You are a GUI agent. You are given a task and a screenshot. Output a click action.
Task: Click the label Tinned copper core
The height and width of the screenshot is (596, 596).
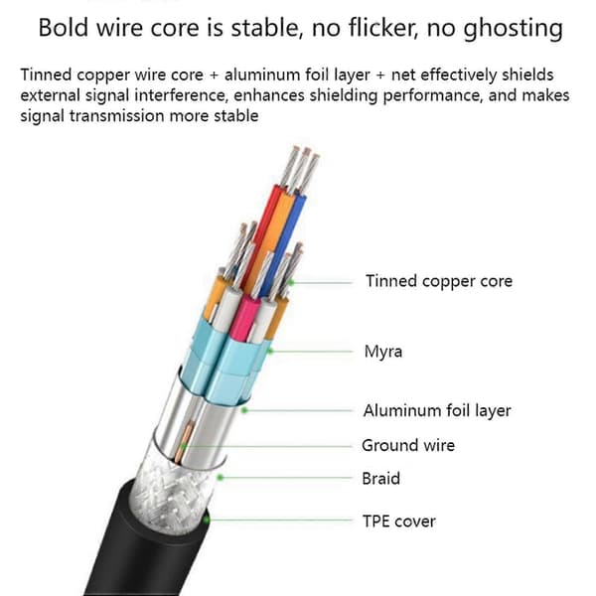coord(439,281)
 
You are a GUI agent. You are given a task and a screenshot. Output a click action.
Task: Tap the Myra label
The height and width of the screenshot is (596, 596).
coord(383,352)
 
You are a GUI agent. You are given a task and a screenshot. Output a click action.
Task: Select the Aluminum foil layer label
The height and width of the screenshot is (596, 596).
coord(437,411)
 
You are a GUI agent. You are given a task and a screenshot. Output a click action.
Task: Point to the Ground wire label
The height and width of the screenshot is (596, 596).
coord(408,445)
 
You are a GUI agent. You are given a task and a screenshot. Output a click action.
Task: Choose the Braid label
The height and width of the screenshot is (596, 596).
coord(380,479)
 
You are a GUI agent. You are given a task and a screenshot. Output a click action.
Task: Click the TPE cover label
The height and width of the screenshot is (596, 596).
coord(399,521)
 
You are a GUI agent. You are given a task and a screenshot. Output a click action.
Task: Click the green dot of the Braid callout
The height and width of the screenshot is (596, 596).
coord(220,478)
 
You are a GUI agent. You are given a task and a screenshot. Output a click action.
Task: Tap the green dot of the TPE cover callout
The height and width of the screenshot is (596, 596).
coord(206,520)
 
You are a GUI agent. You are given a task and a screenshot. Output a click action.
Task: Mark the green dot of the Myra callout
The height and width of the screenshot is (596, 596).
coord(270,351)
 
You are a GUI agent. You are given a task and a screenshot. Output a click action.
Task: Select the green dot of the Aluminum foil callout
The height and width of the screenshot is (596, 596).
coord(244,410)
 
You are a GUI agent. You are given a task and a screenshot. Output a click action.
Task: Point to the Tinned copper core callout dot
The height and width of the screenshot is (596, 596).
coord(291,282)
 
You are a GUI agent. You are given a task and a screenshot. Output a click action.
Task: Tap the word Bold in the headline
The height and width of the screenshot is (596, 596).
coord(64,28)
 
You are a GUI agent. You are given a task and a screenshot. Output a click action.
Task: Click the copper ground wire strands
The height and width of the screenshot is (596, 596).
coord(185,442)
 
